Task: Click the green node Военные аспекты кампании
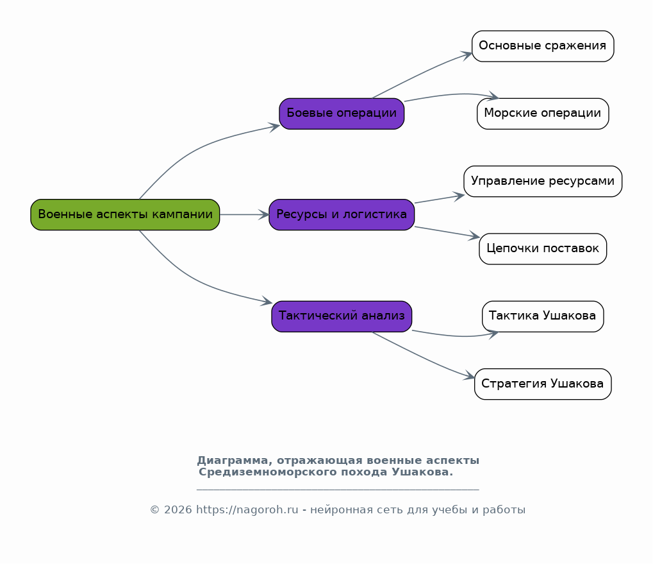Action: point(125,215)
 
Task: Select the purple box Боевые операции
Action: point(342,114)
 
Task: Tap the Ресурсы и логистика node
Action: point(342,215)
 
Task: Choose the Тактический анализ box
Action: point(342,316)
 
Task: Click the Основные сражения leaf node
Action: point(543,46)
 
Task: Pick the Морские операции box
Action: point(543,114)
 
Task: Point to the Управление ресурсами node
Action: point(543,182)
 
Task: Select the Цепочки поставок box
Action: point(543,249)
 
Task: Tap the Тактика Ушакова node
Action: point(543,316)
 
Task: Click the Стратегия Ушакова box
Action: point(543,384)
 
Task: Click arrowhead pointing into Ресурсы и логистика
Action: point(265,215)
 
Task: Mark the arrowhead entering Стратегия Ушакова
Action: point(469,375)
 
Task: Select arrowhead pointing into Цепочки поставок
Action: point(475,236)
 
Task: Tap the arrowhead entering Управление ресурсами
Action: point(459,196)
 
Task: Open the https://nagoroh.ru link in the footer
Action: point(247,510)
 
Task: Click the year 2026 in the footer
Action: point(178,510)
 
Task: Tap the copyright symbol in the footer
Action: point(154,510)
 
